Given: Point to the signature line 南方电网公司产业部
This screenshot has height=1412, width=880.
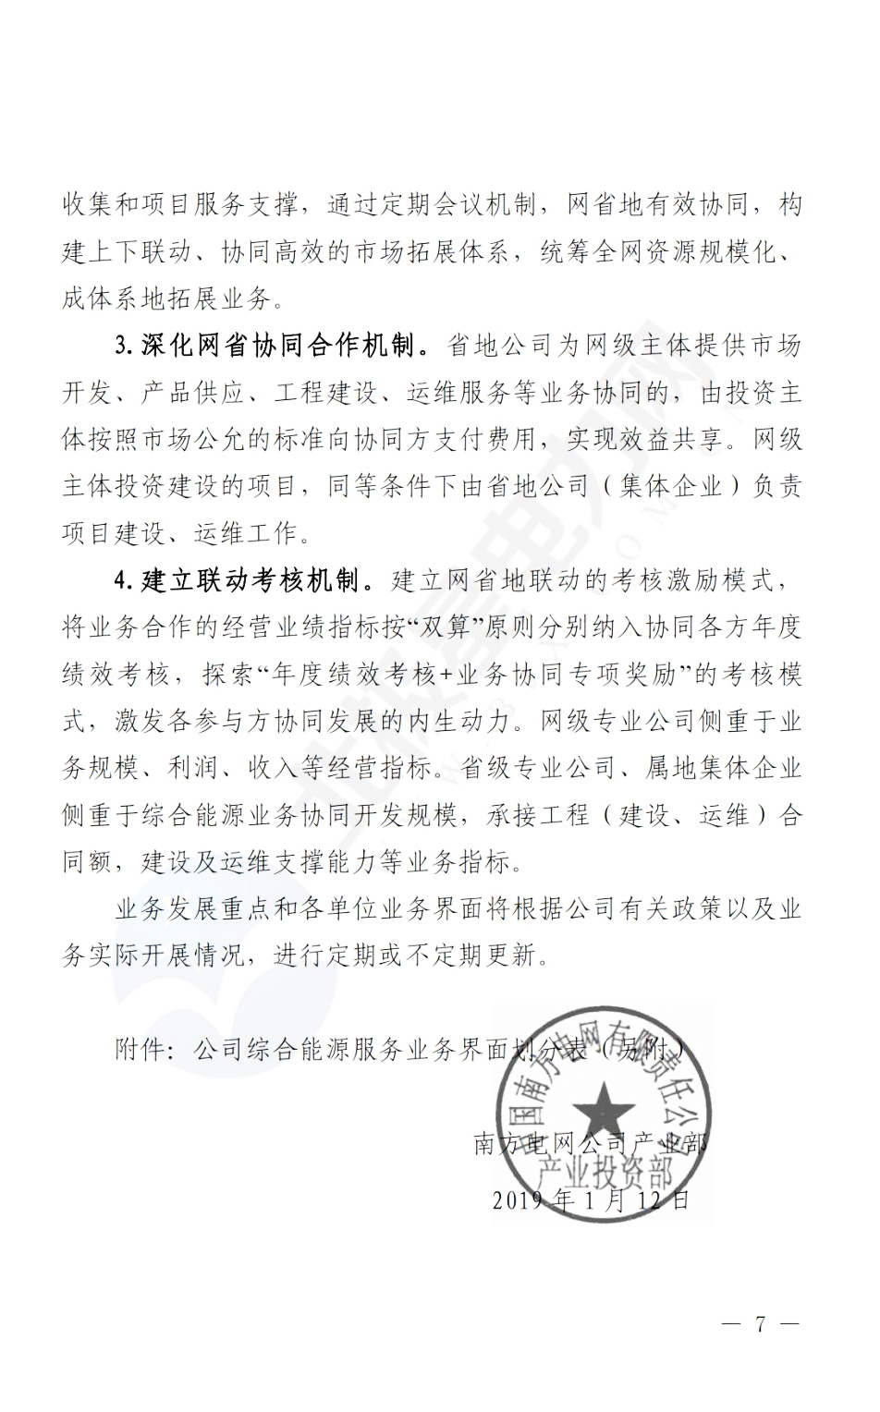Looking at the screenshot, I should [x=591, y=1144].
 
